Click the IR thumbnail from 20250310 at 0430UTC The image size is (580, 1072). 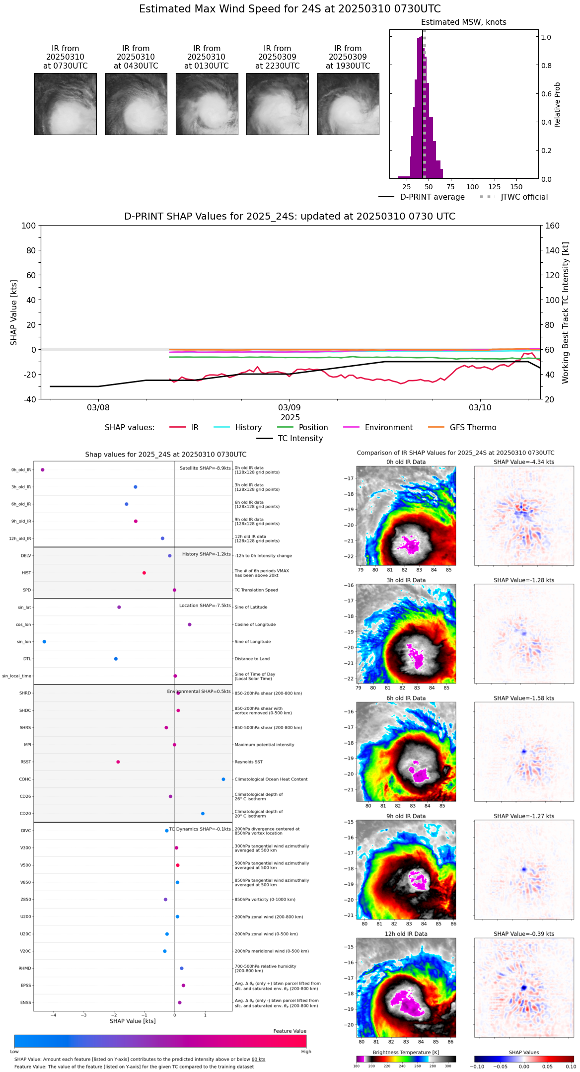click(136, 104)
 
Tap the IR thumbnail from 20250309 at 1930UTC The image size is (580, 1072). click(348, 104)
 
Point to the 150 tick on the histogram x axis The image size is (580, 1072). click(516, 187)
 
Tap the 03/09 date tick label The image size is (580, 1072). click(290, 408)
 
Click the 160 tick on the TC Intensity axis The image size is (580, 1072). click(553, 226)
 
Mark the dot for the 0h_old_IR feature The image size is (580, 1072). click(43, 470)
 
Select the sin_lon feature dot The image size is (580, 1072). click(45, 642)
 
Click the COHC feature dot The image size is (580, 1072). click(223, 779)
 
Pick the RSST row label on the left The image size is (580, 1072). click(25, 762)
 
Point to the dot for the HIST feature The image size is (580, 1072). click(144, 573)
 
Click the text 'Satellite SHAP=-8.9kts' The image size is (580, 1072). click(205, 468)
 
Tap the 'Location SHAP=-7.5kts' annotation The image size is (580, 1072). click(205, 606)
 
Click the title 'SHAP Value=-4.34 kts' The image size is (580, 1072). click(524, 462)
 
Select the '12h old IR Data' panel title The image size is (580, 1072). click(406, 934)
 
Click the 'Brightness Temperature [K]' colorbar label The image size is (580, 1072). click(406, 1052)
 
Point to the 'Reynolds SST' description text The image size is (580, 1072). click(249, 762)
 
